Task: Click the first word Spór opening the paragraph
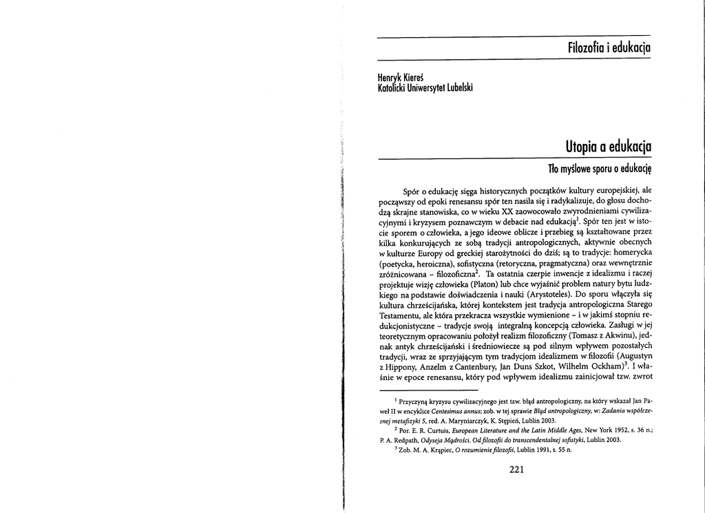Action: (x=412, y=189)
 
